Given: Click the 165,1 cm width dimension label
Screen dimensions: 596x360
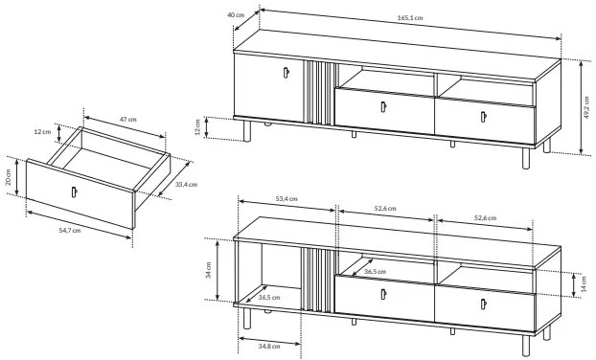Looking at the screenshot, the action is (x=410, y=18).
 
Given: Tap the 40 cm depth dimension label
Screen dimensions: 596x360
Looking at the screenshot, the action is (x=236, y=14).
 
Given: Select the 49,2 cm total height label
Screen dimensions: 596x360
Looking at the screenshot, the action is (x=588, y=107).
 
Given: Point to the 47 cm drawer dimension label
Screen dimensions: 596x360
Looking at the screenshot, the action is (x=128, y=120).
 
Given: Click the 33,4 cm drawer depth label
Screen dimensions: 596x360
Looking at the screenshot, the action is (x=186, y=185).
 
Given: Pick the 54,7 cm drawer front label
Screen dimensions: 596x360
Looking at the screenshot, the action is (x=70, y=230).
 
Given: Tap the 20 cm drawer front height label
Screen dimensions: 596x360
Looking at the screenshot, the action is (x=9, y=177).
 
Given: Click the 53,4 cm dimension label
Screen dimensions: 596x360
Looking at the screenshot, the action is (x=287, y=198).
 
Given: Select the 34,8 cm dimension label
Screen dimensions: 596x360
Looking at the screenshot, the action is (x=269, y=346).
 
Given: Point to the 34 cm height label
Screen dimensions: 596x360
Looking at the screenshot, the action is (x=209, y=270).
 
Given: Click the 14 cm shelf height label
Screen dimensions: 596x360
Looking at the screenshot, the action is (x=584, y=283).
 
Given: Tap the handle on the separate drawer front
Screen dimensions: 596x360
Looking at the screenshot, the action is (x=74, y=192).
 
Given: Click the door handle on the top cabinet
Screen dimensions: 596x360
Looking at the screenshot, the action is (x=286, y=73).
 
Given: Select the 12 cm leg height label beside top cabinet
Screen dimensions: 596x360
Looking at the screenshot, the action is (x=197, y=127).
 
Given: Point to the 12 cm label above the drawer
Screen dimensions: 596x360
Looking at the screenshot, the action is (x=42, y=132).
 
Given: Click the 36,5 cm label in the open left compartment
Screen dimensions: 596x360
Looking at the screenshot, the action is (x=269, y=298).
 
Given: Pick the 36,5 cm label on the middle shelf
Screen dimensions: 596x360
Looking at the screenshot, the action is (x=375, y=272).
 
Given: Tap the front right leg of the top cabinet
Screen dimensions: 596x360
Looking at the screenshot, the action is (x=526, y=158).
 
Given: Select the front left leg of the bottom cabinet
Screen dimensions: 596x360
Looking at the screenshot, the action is (x=247, y=318).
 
